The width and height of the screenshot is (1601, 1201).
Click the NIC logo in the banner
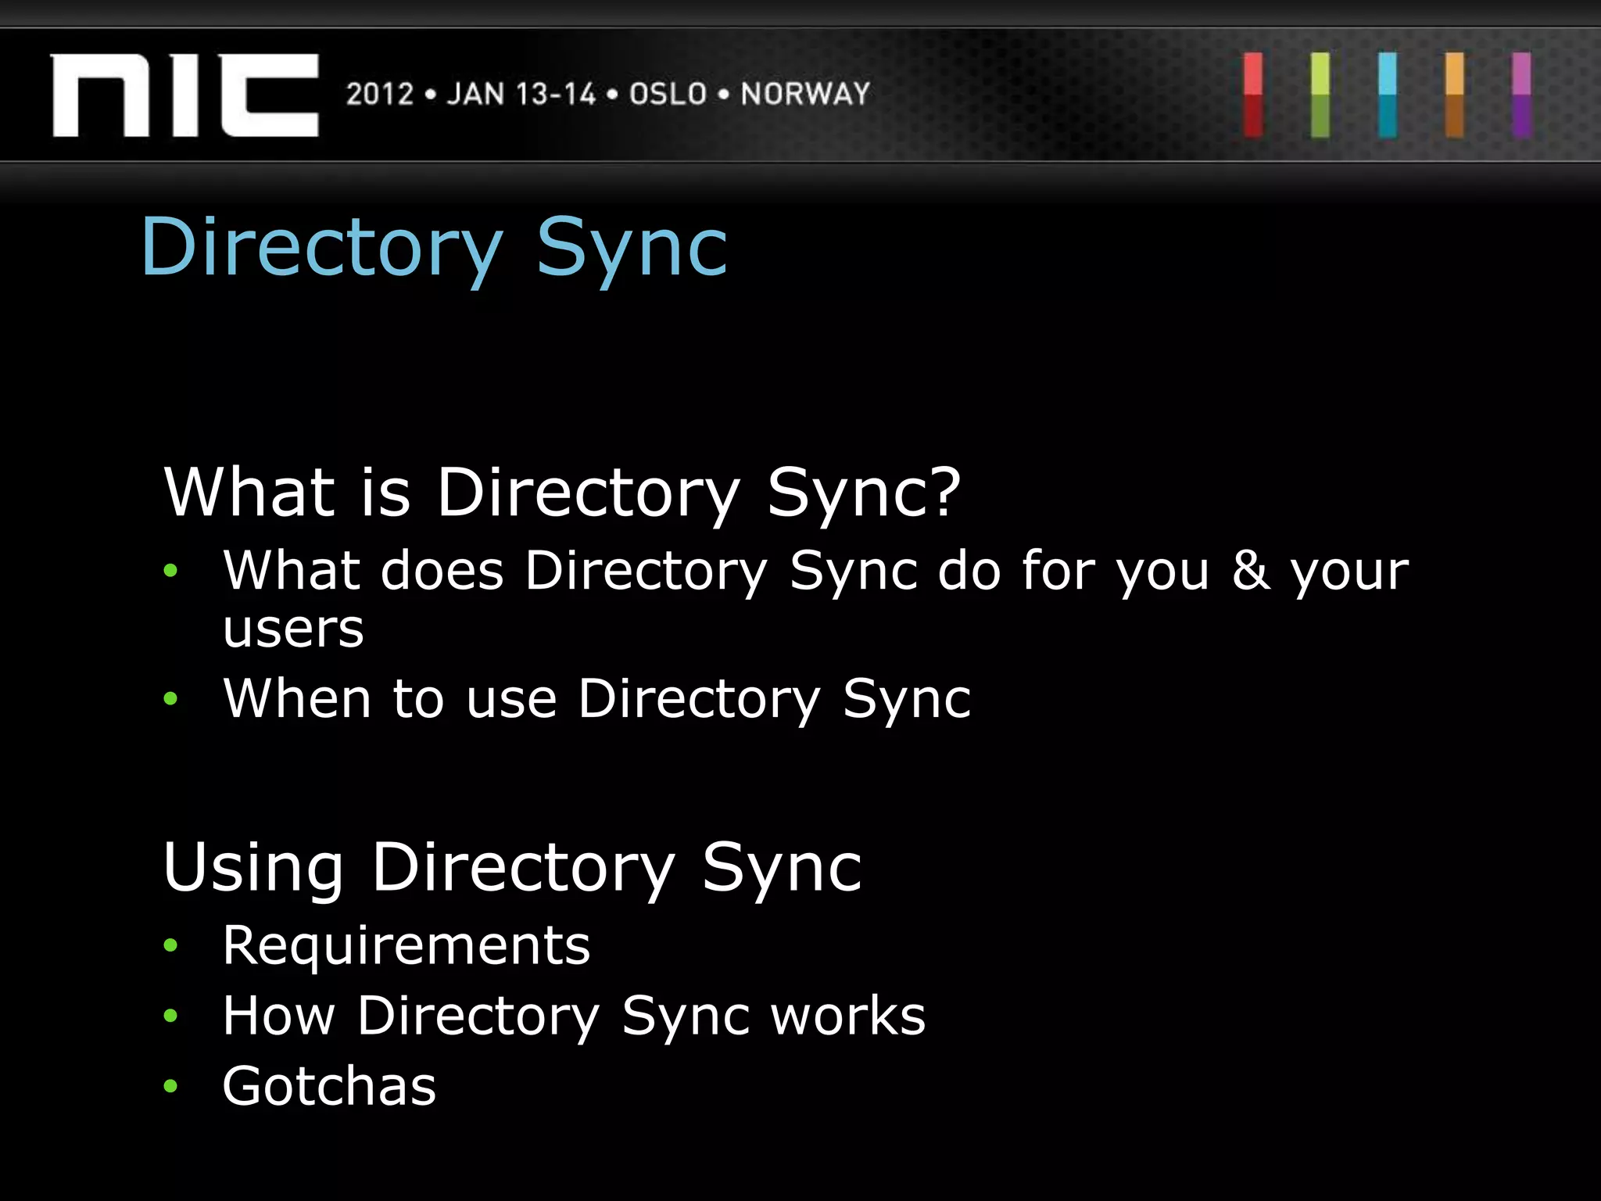click(x=184, y=95)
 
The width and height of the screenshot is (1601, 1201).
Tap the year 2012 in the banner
click(x=380, y=95)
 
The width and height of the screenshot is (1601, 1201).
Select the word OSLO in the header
click(x=668, y=95)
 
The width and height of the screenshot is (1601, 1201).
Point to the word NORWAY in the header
click(x=805, y=95)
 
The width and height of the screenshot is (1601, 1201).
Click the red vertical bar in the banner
click(x=1253, y=95)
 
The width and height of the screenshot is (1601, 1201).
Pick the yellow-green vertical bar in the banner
click(x=1320, y=95)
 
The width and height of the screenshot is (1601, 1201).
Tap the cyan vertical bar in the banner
click(x=1388, y=95)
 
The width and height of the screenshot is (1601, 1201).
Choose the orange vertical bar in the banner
click(x=1455, y=95)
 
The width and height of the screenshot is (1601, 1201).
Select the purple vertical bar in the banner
click(x=1521, y=95)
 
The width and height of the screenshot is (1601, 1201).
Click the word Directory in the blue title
click(x=321, y=249)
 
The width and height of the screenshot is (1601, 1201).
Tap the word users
click(x=293, y=629)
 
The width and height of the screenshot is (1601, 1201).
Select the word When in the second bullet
click(x=297, y=697)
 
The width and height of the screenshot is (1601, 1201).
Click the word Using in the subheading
click(x=253, y=868)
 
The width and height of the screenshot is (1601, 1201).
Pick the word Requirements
click(x=407, y=945)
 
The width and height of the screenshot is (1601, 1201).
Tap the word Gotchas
click(x=329, y=1086)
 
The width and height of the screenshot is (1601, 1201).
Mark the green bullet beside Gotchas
click(x=170, y=1086)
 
